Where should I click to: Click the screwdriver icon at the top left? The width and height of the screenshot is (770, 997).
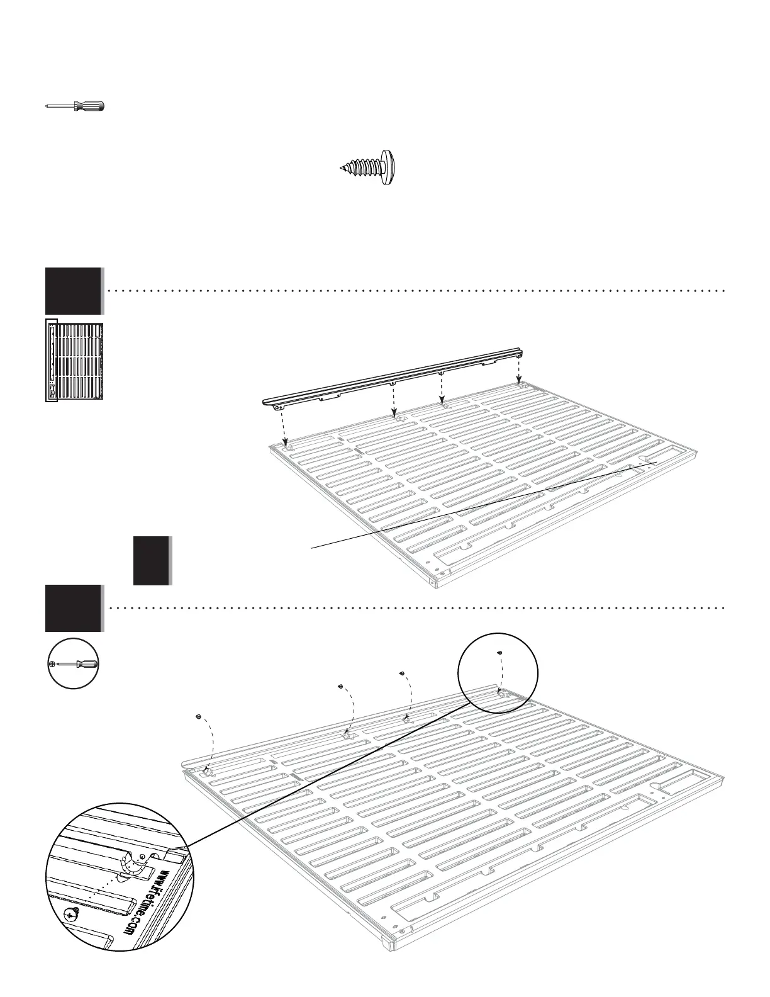point(75,106)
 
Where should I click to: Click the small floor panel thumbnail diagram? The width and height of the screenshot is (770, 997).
point(74,360)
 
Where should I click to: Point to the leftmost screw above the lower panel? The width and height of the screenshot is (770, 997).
point(198,716)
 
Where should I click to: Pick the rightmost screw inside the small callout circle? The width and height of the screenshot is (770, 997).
point(498,653)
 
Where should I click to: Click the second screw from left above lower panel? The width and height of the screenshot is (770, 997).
point(340,686)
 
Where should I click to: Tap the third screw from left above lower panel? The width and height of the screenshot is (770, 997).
point(401,674)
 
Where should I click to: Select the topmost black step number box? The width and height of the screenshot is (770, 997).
point(73,291)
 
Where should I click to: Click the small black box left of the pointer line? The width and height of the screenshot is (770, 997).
point(152,560)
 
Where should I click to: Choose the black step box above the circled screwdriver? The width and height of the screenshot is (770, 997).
point(73,608)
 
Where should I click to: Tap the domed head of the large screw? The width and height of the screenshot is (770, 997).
point(390,167)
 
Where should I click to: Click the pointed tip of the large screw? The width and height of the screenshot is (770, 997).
point(340,168)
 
